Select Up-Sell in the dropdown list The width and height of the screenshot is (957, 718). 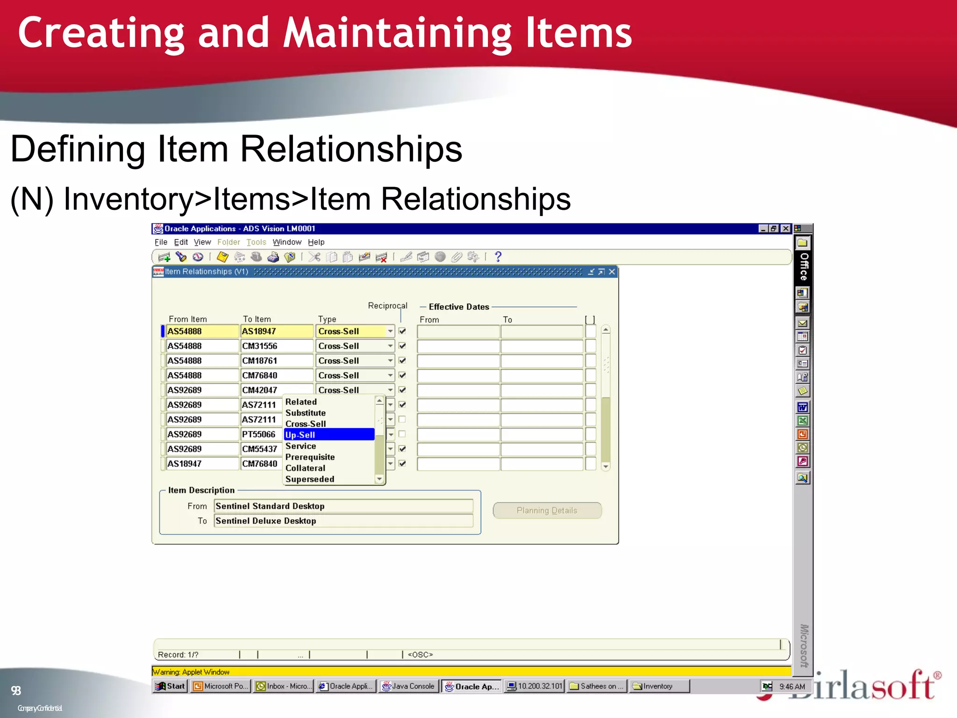[329, 435]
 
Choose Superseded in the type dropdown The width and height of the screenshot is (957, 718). [310, 479]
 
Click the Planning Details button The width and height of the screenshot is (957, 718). [547, 510]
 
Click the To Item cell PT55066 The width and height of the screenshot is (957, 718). [259, 434]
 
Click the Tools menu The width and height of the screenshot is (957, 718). [256, 242]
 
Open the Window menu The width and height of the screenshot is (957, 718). [287, 242]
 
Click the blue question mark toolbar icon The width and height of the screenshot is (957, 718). [498, 257]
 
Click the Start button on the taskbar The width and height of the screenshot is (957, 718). [171, 686]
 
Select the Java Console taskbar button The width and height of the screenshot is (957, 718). [408, 686]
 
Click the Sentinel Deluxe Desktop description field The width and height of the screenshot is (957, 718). [343, 521]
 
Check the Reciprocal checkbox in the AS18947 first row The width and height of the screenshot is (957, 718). [402, 331]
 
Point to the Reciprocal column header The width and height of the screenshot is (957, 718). [387, 306]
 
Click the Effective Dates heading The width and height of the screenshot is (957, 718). [459, 307]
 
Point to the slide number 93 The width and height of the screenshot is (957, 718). [16, 691]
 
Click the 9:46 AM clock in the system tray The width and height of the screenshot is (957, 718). [792, 687]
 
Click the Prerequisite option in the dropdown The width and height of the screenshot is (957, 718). [310, 457]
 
